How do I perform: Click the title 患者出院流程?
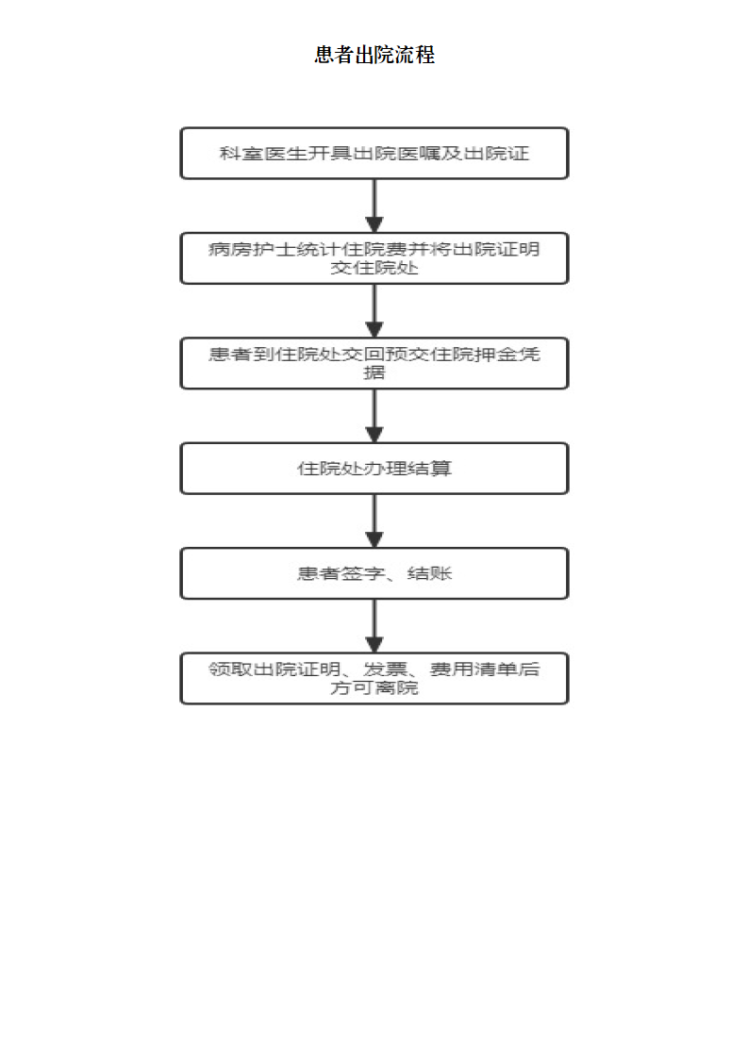[374, 55]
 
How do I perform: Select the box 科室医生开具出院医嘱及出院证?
[374, 153]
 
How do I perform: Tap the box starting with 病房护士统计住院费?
[374, 258]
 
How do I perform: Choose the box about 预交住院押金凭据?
[374, 363]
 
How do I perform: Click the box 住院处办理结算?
[374, 469]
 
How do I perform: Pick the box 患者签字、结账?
[374, 573]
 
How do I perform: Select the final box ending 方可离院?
[374, 678]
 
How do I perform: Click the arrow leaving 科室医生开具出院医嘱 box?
[374, 206]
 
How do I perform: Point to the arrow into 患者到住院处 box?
[374, 311]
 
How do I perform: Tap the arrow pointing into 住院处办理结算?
[374, 416]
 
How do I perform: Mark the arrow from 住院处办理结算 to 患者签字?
[374, 521]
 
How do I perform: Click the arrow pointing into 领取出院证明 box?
[374, 625]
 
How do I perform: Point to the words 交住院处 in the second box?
[374, 268]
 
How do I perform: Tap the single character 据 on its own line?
[374, 372]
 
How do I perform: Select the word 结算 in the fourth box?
[429, 469]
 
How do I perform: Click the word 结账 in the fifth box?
[429, 573]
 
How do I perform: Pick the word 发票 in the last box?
[385, 669]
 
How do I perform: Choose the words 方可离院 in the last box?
[374, 687]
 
